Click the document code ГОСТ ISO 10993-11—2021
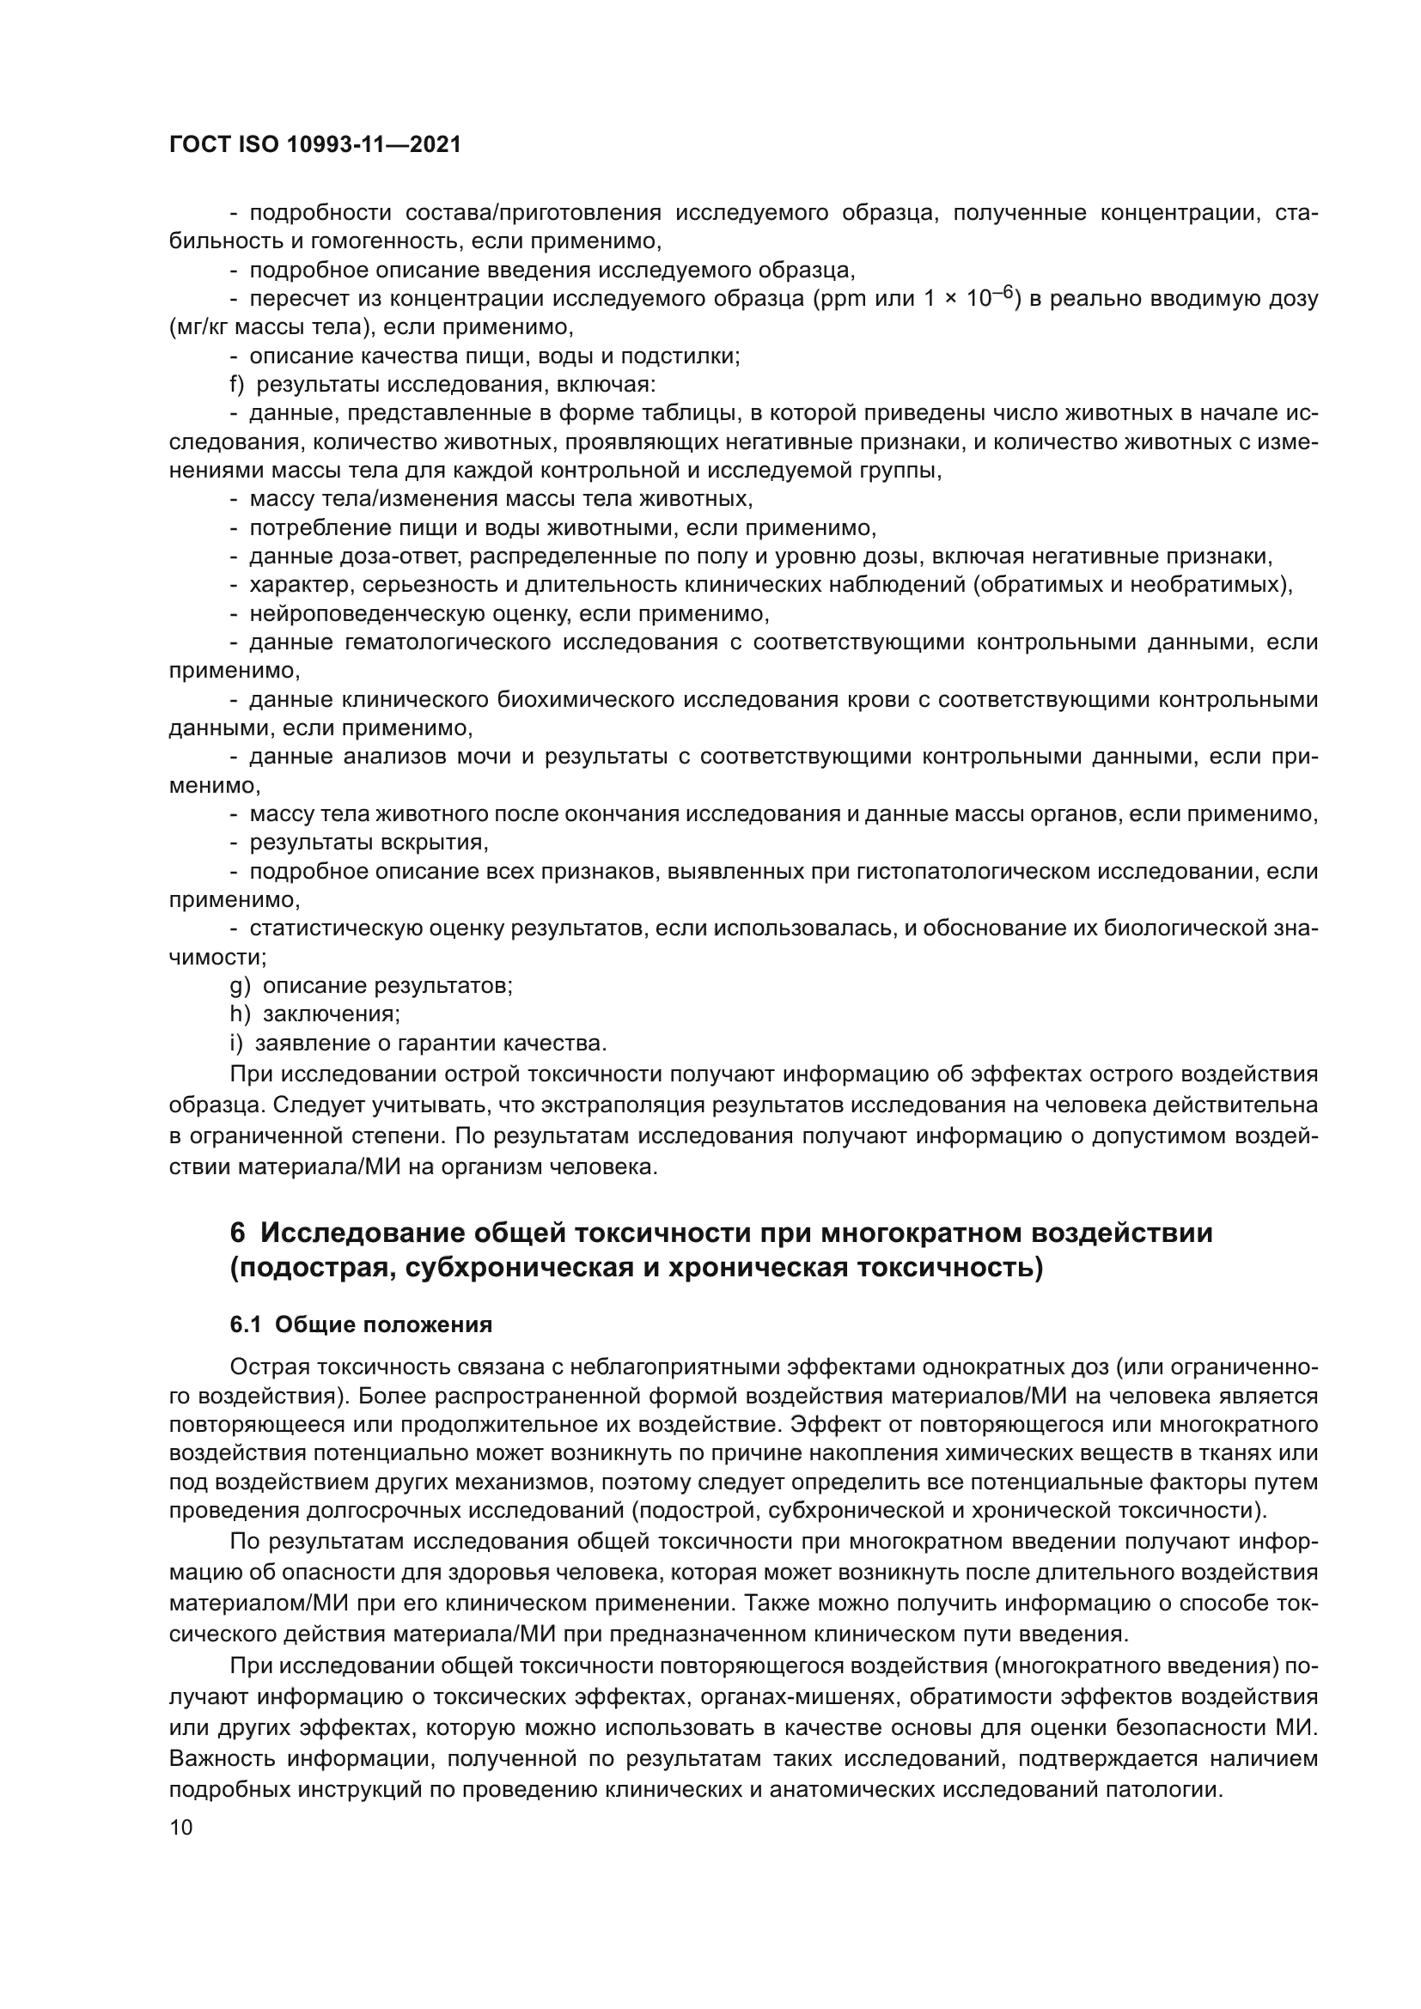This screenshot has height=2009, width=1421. tap(315, 144)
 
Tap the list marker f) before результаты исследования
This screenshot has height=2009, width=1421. tap(237, 385)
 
